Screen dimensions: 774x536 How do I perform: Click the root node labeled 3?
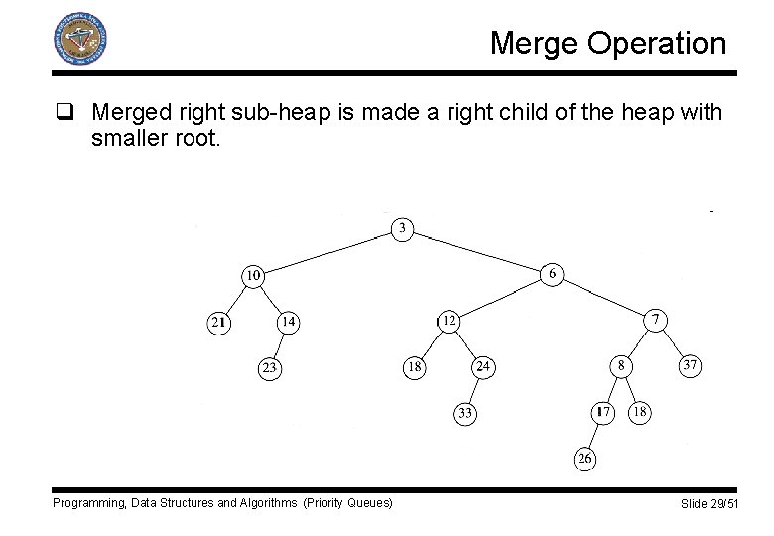[402, 229]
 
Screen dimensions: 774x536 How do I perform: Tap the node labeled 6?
[552, 274]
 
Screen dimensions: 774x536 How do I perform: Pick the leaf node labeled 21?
[218, 322]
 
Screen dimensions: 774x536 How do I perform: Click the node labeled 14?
[287, 322]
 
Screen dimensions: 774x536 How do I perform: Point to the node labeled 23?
[268, 368]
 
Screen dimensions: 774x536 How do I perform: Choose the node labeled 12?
[450, 320]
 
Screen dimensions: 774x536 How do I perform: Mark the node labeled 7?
[655, 320]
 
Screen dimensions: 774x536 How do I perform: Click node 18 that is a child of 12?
[414, 367]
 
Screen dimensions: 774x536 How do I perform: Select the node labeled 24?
[483, 367]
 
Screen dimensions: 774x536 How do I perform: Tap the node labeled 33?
[465, 413]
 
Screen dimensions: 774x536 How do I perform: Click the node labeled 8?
[621, 366]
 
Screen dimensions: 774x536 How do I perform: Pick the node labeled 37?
[690, 366]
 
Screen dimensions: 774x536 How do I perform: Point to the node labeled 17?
[603, 412]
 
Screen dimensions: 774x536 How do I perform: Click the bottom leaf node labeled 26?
[585, 458]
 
